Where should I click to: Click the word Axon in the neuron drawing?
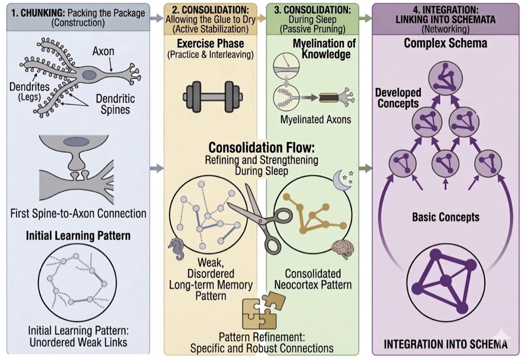coord(103,52)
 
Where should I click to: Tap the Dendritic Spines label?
coord(115,104)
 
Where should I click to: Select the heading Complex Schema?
coord(445,43)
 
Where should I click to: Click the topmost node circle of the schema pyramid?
coord(445,78)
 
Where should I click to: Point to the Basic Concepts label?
coord(445,217)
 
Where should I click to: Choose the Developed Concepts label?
coord(398,98)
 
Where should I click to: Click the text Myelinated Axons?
coord(316,119)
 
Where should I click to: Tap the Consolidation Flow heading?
coord(261,148)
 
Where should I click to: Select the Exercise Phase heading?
coord(210,43)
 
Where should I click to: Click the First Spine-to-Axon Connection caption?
coord(78,213)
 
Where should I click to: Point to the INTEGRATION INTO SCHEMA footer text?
coord(445,344)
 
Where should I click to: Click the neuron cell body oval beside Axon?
coord(89,75)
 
